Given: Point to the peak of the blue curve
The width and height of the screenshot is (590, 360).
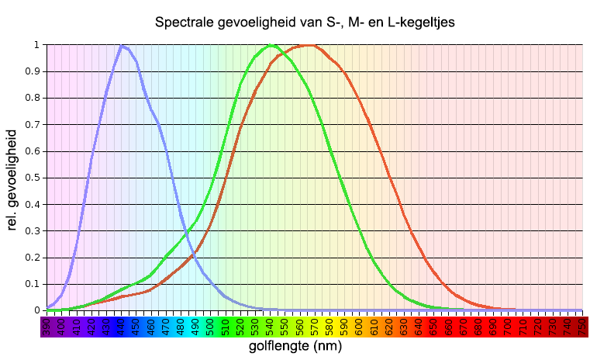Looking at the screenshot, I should [x=122, y=46].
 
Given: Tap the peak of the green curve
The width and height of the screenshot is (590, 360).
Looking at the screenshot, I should [x=271, y=46].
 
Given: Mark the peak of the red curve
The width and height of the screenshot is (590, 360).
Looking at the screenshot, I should [x=309, y=46].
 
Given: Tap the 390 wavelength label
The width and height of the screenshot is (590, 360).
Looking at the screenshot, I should [x=47, y=328].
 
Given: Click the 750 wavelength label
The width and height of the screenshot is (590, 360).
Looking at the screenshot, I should [x=581, y=328].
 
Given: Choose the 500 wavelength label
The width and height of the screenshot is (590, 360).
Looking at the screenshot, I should [x=210, y=328].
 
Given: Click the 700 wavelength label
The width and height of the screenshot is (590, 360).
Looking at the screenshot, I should [x=507, y=328].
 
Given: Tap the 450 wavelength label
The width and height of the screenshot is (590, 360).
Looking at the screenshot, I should [x=136, y=328].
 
